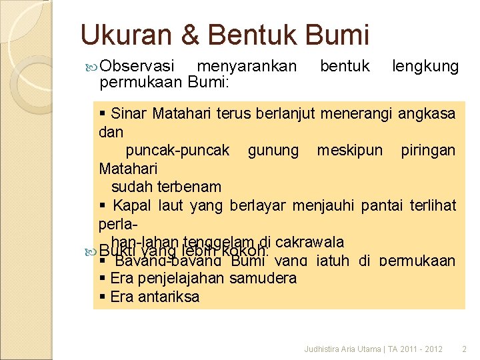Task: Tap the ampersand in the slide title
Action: tap(190, 34)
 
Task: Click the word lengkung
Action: tap(425, 66)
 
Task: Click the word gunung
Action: tap(273, 150)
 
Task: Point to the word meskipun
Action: tap(349, 150)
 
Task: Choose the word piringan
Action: tap(428, 150)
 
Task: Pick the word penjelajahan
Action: tap(180, 277)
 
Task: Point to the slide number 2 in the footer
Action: tap(465, 349)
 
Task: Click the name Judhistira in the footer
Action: tap(321, 349)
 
